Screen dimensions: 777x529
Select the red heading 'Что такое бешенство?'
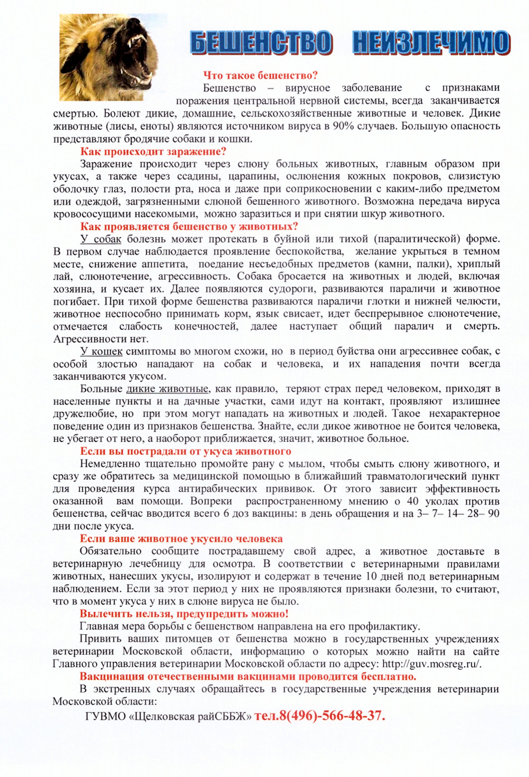point(261,76)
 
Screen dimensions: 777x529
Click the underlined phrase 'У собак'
point(100,239)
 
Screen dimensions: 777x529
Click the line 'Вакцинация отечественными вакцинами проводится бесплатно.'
point(249,676)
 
